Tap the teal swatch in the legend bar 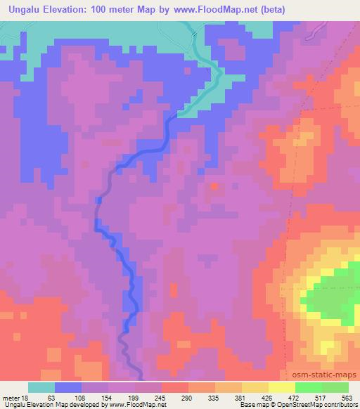tap(41, 387)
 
